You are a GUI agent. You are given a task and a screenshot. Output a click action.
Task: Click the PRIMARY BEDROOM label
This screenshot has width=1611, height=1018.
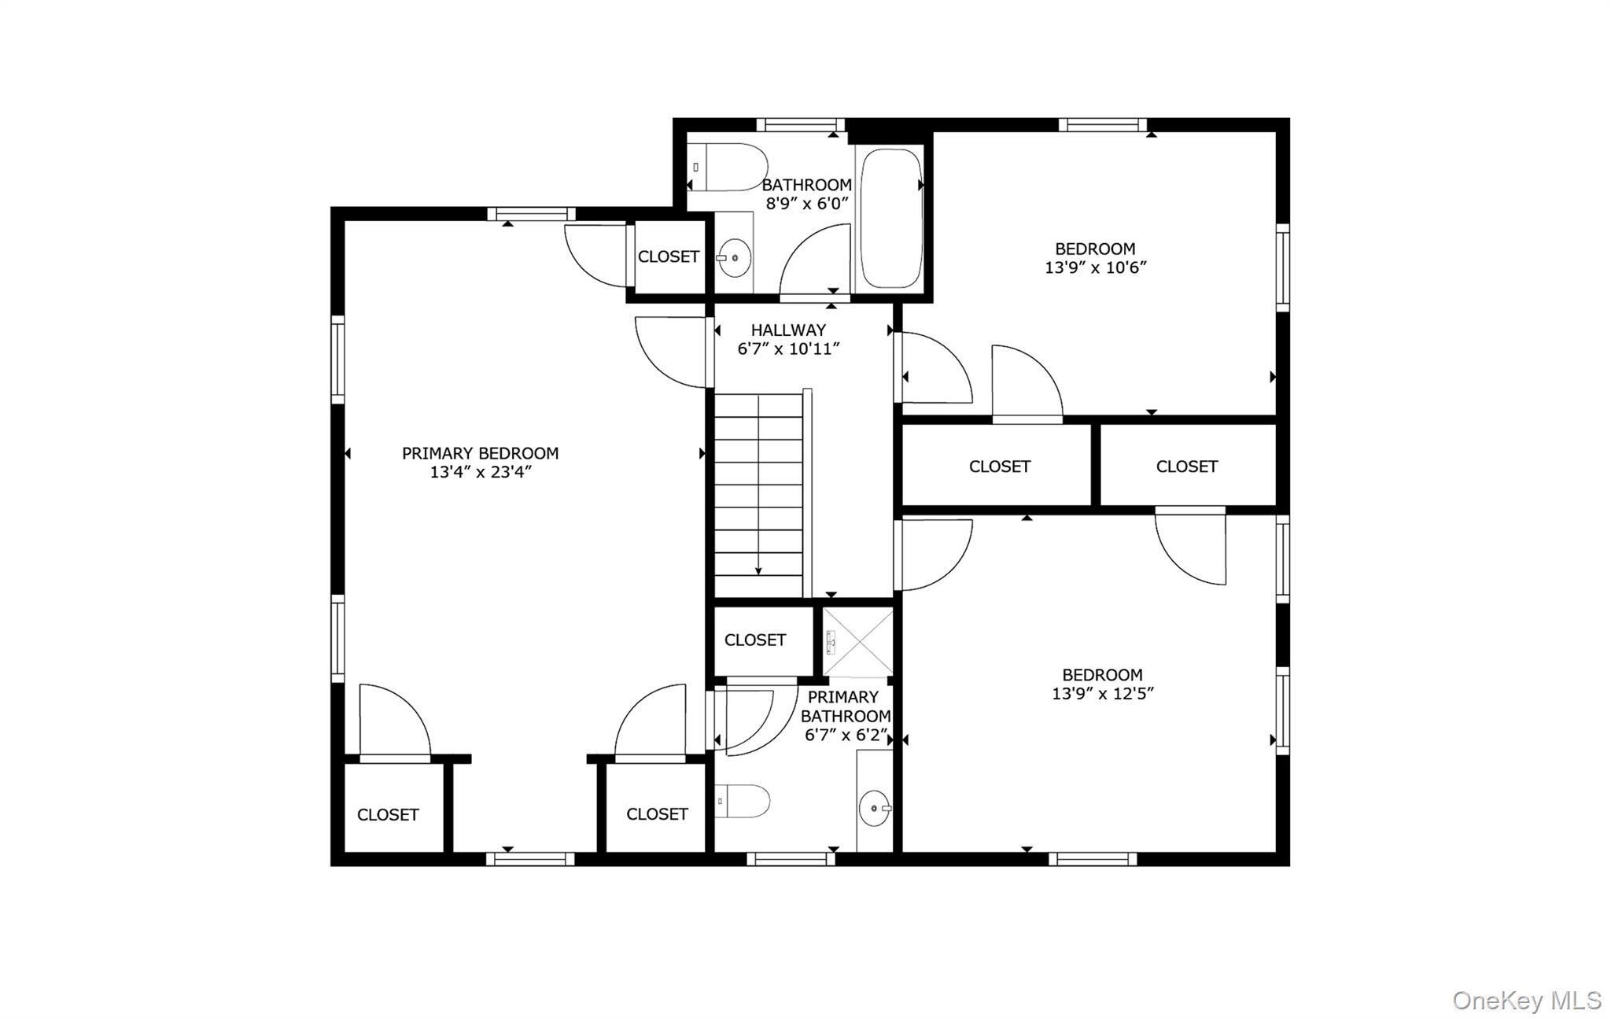(x=480, y=453)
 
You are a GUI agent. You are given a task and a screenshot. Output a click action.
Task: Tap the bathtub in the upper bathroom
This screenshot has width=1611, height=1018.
(x=890, y=218)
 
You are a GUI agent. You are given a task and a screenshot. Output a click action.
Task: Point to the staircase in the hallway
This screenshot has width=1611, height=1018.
(x=758, y=496)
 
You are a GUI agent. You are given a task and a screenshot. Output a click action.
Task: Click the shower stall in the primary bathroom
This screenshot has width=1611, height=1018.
(x=857, y=642)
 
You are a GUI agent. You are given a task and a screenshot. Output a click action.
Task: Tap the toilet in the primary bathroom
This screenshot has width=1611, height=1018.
(x=743, y=801)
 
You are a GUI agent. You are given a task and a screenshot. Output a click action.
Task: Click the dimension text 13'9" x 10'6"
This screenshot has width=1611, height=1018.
(x=1095, y=267)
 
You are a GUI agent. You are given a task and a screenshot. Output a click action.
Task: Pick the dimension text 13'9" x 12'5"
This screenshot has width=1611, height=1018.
(x=1102, y=694)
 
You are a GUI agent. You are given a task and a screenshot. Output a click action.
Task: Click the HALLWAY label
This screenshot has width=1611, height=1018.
(x=788, y=330)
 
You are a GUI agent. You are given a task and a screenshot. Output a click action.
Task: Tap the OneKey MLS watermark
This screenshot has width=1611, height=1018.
(x=1526, y=1000)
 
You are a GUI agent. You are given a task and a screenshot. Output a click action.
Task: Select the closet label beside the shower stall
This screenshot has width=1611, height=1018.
(x=754, y=640)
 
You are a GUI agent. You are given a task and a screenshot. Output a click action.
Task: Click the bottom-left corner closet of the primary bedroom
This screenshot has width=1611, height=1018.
(x=388, y=814)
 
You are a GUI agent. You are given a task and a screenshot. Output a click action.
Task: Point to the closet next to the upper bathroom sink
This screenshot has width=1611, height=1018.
(x=668, y=256)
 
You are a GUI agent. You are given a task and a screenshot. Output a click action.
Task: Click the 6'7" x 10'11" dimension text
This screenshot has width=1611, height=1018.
(x=788, y=349)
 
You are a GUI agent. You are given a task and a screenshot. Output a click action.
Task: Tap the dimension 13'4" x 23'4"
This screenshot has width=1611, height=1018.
(x=480, y=472)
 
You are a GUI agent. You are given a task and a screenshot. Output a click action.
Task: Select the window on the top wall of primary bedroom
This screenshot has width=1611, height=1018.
(x=531, y=213)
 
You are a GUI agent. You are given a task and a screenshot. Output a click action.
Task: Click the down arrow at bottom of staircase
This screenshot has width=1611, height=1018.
(x=758, y=570)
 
